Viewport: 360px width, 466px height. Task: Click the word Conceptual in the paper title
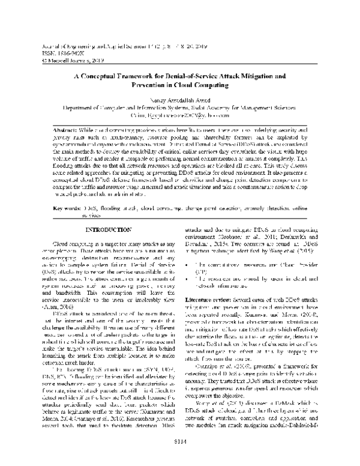click(104, 77)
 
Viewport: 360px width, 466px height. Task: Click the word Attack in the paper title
click(215, 77)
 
